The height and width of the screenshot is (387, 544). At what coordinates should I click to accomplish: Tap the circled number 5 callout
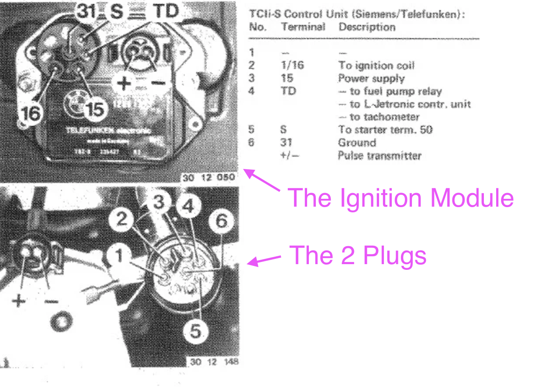tap(196, 331)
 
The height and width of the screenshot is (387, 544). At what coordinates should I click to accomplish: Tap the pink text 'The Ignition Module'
tap(401, 197)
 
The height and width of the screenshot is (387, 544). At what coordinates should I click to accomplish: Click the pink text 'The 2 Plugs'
tap(358, 255)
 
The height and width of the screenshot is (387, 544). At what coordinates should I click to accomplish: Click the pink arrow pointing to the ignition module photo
tap(262, 180)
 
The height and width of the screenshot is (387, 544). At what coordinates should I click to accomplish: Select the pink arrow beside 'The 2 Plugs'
tap(265, 260)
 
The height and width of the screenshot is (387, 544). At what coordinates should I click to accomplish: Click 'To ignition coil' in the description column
tap(376, 65)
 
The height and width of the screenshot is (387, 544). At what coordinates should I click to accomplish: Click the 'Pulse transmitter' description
tap(379, 155)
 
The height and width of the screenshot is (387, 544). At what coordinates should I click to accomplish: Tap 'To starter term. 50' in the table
tap(385, 130)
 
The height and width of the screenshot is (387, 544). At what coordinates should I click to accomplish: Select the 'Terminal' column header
tap(303, 27)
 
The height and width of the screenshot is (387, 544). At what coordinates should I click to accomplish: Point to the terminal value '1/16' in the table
tap(292, 65)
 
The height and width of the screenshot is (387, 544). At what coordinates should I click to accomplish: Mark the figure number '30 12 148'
tap(215, 362)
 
